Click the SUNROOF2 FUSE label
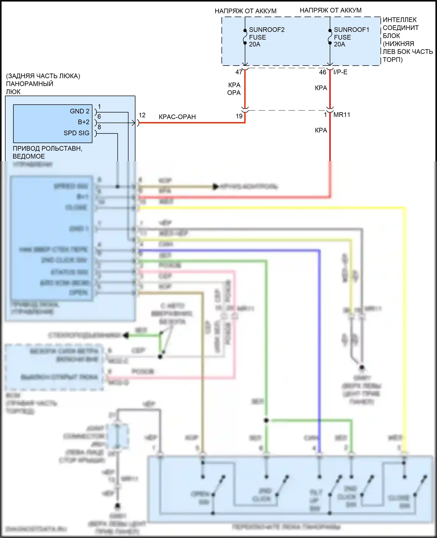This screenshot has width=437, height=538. (266, 34)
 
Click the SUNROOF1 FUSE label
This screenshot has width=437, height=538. (351, 34)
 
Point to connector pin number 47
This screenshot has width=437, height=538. (239, 72)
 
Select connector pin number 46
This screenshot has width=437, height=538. (323, 72)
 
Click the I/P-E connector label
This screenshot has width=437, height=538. (340, 72)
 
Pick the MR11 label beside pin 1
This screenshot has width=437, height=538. (341, 115)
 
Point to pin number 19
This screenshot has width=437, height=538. (239, 116)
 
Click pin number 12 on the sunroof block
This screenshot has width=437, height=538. (142, 115)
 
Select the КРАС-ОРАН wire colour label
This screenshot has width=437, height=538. (177, 117)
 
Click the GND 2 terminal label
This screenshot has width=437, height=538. (79, 111)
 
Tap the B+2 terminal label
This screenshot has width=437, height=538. (83, 122)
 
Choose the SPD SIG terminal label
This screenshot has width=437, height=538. (76, 133)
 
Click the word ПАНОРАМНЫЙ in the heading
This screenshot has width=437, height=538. (29, 84)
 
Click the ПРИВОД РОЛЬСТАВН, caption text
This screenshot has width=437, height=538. (47, 148)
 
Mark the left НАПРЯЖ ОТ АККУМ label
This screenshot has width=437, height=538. (245, 11)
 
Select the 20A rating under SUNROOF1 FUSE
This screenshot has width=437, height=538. (339, 44)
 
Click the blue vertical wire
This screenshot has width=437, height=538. (320, 350)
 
